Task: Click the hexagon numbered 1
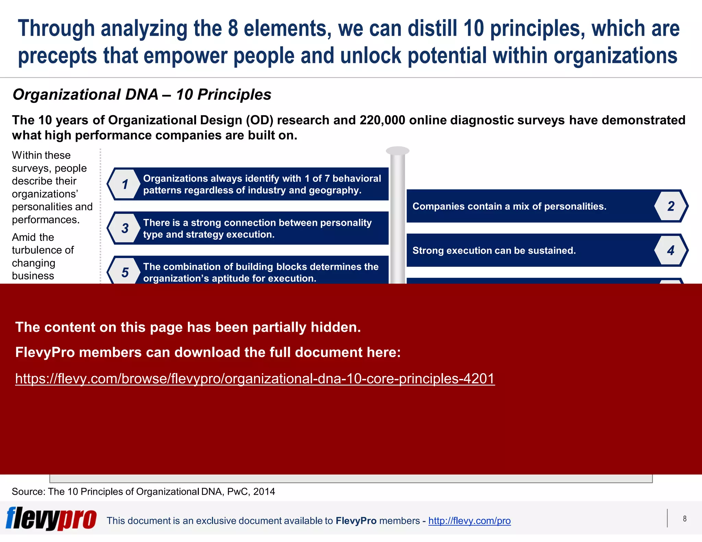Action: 125,184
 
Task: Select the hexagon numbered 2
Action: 671,206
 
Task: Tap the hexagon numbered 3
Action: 125,228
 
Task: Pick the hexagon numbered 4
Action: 671,250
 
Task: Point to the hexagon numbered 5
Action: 125,272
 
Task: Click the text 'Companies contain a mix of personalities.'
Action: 509,206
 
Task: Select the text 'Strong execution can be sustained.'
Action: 494,250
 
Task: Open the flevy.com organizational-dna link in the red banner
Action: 255,379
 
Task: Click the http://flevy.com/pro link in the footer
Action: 469,521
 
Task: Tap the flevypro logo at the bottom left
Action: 51,519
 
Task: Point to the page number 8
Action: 685,519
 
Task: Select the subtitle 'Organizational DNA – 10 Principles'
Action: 142,95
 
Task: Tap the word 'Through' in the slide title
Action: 56,29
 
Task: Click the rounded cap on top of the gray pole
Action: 398,151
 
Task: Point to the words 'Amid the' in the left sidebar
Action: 33,237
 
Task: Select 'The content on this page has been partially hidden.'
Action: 188,327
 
